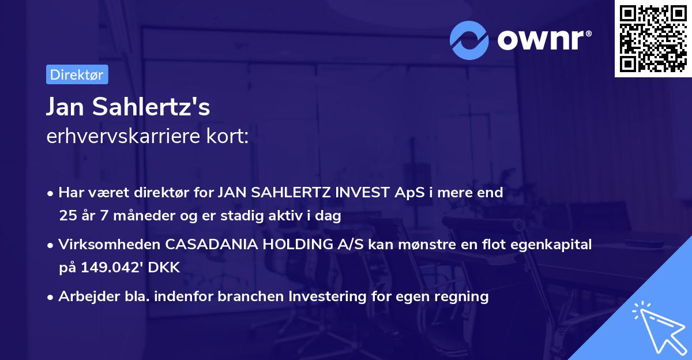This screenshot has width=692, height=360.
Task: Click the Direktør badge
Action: click(x=77, y=75)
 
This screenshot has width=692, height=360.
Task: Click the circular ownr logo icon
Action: click(x=469, y=40)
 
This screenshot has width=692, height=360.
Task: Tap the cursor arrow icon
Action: click(x=657, y=327)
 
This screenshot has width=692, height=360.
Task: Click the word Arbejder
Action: click(x=84, y=297)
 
